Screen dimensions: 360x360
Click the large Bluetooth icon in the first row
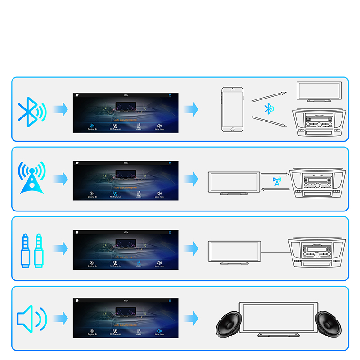(31, 110)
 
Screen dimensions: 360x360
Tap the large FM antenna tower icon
(31, 178)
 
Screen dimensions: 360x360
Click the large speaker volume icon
(31, 318)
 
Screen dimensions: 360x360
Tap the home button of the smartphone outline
(232, 129)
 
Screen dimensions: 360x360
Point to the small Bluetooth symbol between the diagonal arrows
(269, 108)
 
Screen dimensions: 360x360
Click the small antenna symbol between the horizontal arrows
(277, 181)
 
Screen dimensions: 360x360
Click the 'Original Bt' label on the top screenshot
(92, 129)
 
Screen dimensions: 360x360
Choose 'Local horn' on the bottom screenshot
(159, 335)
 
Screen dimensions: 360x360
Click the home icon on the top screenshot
(77, 95)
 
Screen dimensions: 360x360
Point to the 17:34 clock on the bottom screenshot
(126, 300)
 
